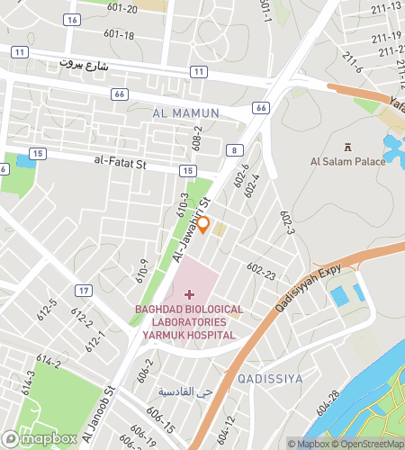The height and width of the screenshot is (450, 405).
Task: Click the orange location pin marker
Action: pos(203,224)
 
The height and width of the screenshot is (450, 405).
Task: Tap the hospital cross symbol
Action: pos(189,293)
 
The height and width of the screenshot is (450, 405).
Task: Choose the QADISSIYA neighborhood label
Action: pos(271,379)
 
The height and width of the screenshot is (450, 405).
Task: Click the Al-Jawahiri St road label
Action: pos(191,229)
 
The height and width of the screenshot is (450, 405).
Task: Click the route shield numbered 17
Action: pos(83,290)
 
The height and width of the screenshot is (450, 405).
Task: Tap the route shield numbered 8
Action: pos(233,150)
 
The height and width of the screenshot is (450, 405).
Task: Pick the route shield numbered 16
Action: pos(72,19)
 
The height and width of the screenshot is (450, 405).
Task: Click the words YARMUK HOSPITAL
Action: pos(188,335)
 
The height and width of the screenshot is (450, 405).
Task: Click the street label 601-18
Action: pos(119,35)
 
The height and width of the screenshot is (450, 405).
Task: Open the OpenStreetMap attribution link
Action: pos(367,443)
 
